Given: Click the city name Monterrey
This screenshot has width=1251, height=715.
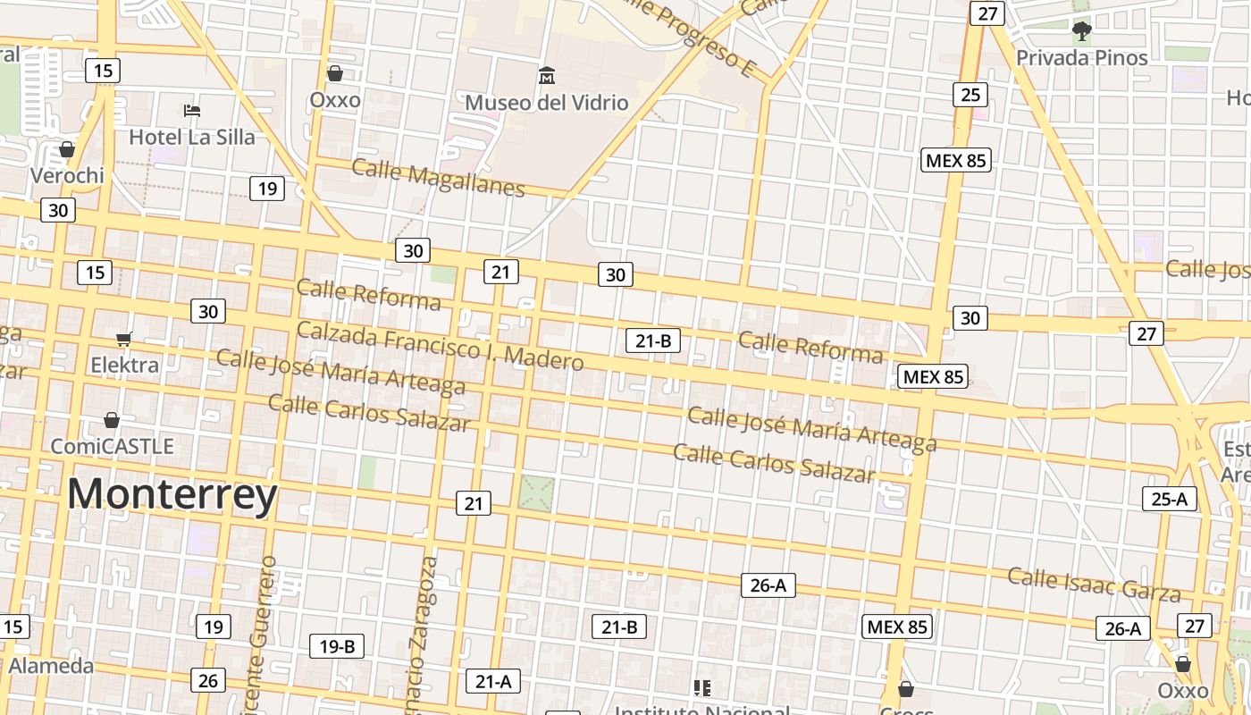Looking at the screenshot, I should click(x=172, y=494).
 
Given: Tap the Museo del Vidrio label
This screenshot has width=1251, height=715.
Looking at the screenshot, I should click(x=547, y=103).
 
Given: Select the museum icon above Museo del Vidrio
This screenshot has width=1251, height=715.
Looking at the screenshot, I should click(x=547, y=76).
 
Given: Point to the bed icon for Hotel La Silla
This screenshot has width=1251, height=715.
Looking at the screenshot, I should click(x=192, y=111).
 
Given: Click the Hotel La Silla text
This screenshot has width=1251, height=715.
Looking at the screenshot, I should click(x=192, y=137).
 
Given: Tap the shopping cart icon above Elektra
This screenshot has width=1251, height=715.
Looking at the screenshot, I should click(x=124, y=339).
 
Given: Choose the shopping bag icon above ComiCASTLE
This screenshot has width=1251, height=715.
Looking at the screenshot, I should click(x=112, y=420).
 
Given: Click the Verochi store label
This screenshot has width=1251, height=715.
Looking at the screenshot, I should click(x=67, y=175).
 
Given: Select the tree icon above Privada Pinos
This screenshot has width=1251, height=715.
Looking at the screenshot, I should click(x=1081, y=32).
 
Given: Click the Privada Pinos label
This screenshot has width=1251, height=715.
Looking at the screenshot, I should click(x=1082, y=58).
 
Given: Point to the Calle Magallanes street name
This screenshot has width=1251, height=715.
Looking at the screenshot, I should click(x=438, y=176).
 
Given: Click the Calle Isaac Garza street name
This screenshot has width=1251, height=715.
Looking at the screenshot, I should click(x=1095, y=584).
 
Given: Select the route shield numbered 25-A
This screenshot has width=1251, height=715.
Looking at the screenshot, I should click(x=1170, y=499).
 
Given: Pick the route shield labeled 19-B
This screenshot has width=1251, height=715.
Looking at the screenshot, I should click(x=337, y=646).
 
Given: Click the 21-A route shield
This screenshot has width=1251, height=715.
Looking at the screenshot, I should click(x=492, y=682).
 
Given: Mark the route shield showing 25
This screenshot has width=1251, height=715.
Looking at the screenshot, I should click(x=970, y=94).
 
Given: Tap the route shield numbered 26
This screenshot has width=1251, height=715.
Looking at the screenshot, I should click(x=207, y=681).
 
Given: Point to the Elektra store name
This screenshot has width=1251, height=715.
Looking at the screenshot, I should click(x=124, y=365).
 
